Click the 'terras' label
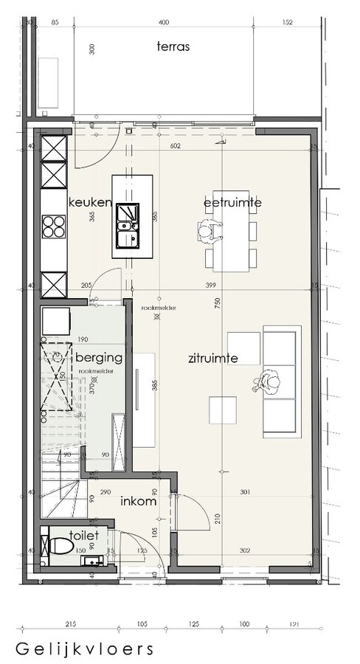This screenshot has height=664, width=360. [x=173, y=46]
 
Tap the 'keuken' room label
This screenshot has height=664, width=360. [x=90, y=202]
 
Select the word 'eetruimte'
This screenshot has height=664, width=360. [x=233, y=202]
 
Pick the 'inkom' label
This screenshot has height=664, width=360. [x=139, y=502]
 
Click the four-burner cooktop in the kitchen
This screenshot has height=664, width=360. [x=55, y=226]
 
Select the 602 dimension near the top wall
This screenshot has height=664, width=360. [x=175, y=146]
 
